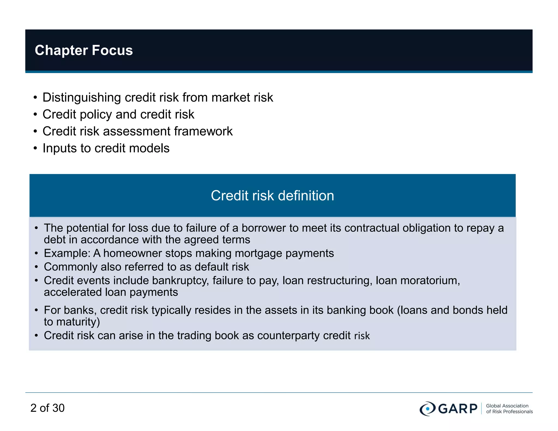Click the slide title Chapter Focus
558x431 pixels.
[x=84, y=50]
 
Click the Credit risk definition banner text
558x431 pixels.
[x=272, y=196]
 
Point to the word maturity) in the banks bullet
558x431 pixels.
[x=78, y=322]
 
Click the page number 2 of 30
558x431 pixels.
[x=47, y=408]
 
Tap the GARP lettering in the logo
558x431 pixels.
[x=458, y=409]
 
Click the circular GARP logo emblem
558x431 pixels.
[x=427, y=409]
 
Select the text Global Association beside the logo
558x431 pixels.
[x=507, y=406]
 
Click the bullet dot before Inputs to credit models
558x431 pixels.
[x=35, y=148]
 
